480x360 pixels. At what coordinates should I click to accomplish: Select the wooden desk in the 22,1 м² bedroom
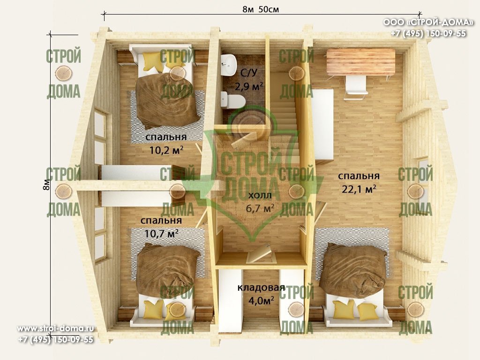(x=360, y=62)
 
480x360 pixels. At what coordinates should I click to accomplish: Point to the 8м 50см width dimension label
(x=261, y=9)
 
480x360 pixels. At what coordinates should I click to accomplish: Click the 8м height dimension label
(x=46, y=185)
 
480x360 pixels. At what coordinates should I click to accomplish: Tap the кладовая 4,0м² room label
(x=261, y=294)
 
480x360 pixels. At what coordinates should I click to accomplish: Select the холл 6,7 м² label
(x=260, y=202)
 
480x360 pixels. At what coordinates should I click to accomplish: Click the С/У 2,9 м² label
(x=248, y=80)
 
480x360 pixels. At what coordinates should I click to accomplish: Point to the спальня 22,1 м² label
(x=359, y=182)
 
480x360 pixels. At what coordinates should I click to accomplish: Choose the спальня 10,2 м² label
(x=166, y=143)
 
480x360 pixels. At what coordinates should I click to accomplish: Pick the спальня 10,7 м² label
(x=161, y=227)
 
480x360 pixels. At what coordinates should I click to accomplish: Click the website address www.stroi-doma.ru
(x=55, y=329)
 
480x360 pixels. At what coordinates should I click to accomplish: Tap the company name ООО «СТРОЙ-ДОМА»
(x=428, y=22)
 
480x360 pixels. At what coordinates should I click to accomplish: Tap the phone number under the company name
(x=428, y=33)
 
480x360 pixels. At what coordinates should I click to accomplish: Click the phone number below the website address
(x=55, y=339)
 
